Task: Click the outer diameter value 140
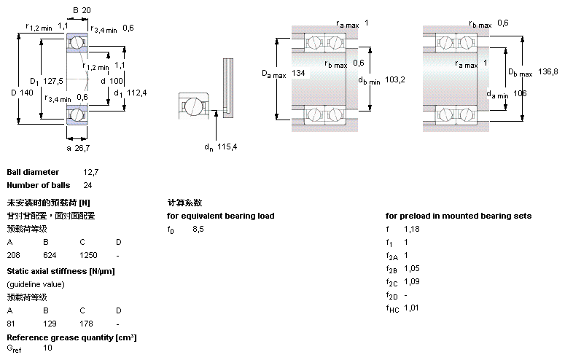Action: tap(26, 93)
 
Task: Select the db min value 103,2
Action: tap(394, 79)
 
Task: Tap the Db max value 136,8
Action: tap(548, 71)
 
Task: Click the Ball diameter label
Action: tap(33, 172)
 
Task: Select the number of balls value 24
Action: tap(87, 185)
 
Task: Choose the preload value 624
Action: tap(50, 255)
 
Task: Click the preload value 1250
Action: tap(88, 255)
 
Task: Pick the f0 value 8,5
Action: tap(198, 229)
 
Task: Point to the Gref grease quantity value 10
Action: tap(48, 348)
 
